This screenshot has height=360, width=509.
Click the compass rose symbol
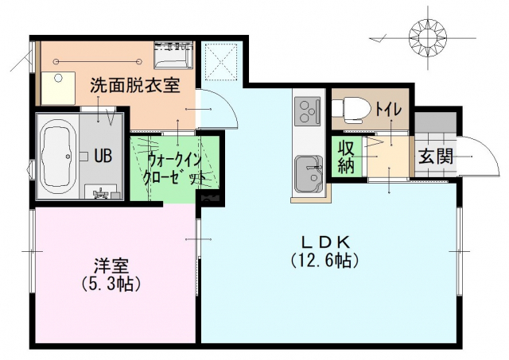(x=428, y=39)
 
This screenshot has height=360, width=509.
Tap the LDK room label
(x=325, y=242)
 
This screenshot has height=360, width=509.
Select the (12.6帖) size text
(x=324, y=261)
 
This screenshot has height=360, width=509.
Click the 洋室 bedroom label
(x=111, y=266)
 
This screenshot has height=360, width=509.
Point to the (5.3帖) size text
(x=111, y=284)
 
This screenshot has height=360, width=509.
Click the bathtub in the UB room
(x=59, y=157)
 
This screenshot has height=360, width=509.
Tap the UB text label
(x=103, y=156)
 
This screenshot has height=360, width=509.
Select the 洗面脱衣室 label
(x=134, y=86)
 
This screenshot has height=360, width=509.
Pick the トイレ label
(x=389, y=110)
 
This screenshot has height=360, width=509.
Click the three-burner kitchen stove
(x=307, y=111)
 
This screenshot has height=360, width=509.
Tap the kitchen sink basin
(x=309, y=174)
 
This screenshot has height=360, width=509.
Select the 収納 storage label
(x=346, y=157)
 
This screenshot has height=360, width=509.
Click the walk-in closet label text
(x=173, y=168)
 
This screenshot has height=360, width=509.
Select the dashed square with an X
(x=221, y=61)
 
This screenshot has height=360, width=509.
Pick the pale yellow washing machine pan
(x=58, y=88)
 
